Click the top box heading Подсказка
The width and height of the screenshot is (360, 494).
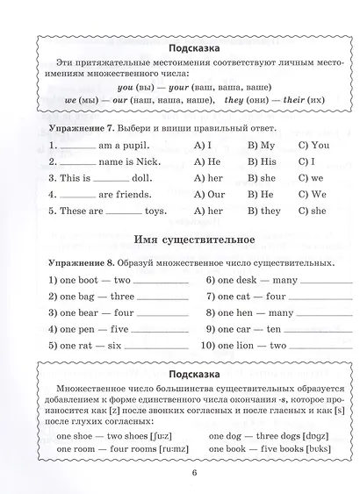pos(181,47)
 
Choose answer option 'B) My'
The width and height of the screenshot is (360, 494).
pos(261,146)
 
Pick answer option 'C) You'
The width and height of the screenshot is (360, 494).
pos(313,146)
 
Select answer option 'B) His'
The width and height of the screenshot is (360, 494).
pos(262,162)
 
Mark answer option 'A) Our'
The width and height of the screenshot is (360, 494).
pos(211,195)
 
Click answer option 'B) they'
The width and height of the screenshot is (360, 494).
pos(263,211)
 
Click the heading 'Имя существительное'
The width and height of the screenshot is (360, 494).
pos(181,240)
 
